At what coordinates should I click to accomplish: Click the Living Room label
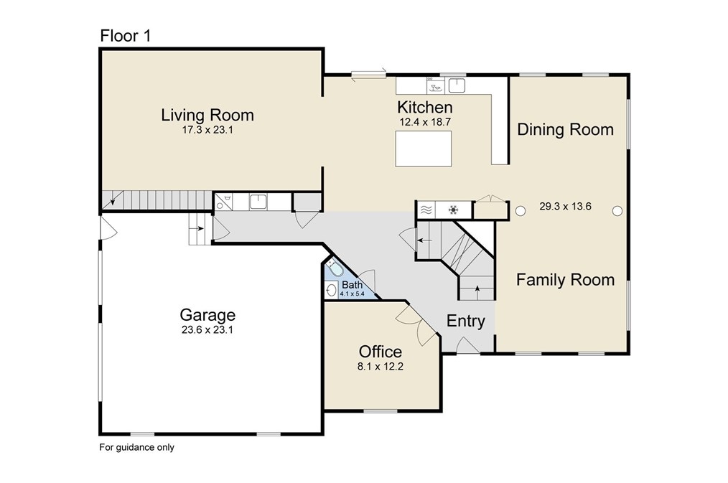point(207,115)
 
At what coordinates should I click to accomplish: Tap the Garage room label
point(207,315)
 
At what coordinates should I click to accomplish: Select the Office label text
point(381,351)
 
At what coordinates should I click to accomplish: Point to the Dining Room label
point(566,129)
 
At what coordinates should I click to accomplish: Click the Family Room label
point(566,280)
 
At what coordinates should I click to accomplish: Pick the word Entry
point(466,321)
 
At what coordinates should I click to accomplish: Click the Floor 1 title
point(126,36)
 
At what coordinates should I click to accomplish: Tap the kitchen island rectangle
point(424,149)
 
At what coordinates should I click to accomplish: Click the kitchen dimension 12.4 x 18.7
point(425,123)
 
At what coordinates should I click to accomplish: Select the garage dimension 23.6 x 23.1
point(207,330)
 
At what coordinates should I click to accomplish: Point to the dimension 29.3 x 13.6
point(566,207)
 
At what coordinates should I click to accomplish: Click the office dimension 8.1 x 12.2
point(381,367)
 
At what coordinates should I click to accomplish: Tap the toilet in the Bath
point(335,268)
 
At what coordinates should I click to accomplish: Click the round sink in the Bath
point(332,291)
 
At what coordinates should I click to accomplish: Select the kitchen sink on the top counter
point(457,85)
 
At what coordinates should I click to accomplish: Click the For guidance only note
point(137,447)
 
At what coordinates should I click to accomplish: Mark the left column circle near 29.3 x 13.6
point(521,211)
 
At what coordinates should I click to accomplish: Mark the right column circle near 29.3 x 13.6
point(617,211)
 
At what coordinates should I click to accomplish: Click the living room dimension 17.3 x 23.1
point(207,130)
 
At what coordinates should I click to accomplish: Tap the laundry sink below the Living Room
point(258,202)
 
